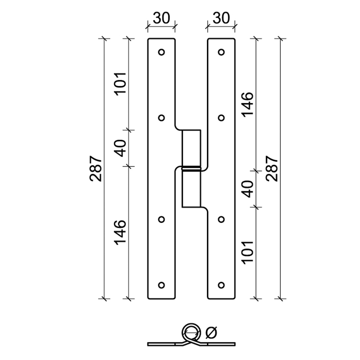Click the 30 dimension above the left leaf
click(x=162, y=18)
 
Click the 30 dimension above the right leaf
click(x=221, y=18)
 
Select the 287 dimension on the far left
click(x=96, y=169)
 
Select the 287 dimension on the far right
click(x=272, y=169)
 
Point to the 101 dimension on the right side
click(x=248, y=252)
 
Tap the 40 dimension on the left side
click(x=121, y=148)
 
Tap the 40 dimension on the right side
click(x=248, y=189)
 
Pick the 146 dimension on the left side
click(x=121, y=232)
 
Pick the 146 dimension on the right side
click(x=248, y=104)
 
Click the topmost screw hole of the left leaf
click(x=162, y=52)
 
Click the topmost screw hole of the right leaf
click(x=221, y=52)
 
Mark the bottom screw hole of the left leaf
click(x=162, y=285)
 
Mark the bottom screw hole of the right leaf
click(x=221, y=285)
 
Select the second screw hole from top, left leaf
click(x=162, y=118)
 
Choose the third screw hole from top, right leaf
click(x=221, y=219)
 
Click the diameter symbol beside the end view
click(x=211, y=333)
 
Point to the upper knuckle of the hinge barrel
click(x=191, y=148)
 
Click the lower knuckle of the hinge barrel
click(x=191, y=189)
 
